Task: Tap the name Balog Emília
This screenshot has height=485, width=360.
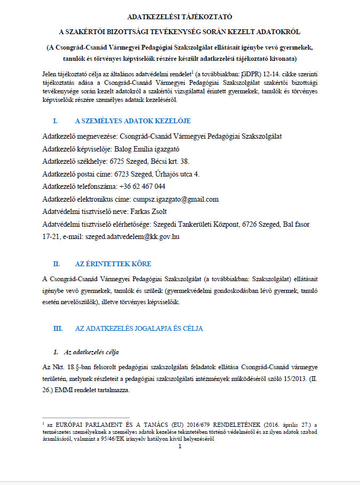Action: coord(140,149)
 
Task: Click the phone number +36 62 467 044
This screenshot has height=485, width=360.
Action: coord(142,186)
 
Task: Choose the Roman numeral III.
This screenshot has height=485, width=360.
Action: coord(58,328)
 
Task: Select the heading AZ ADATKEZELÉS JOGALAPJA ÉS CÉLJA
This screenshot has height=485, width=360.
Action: coord(139,328)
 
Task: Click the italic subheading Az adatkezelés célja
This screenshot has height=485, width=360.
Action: coord(91,353)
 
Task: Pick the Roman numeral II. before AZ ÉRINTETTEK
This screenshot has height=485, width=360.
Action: coord(57,264)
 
